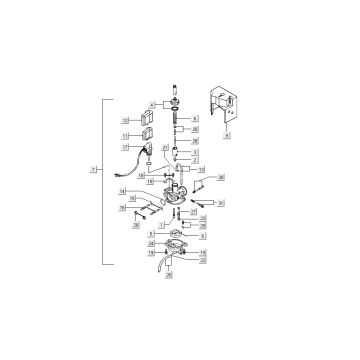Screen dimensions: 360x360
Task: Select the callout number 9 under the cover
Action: (228, 133)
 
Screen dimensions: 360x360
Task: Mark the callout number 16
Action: (121, 208)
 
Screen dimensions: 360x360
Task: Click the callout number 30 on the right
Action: (222, 177)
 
